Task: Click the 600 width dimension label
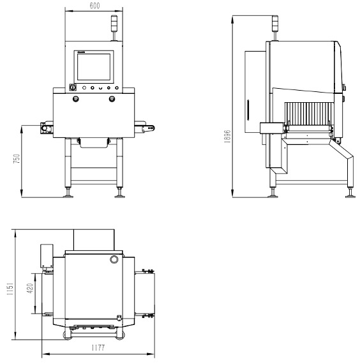94,6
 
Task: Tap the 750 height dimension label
17,159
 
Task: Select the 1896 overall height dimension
227,136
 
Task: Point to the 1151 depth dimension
10,289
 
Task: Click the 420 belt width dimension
30,288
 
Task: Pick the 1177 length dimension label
98,348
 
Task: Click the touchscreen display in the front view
94,67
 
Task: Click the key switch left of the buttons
73,87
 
